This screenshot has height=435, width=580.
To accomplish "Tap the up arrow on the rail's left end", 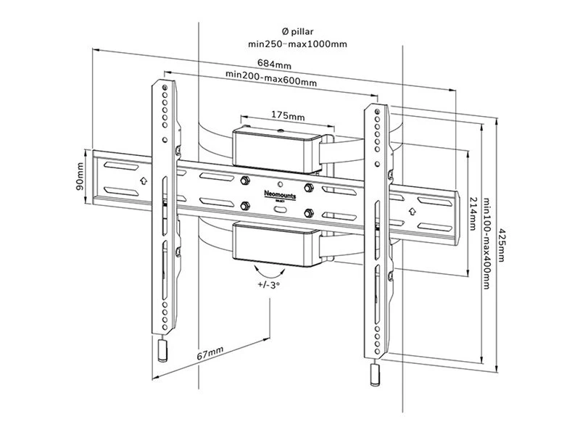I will [x=143, y=178].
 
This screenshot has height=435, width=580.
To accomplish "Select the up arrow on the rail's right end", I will [x=413, y=211].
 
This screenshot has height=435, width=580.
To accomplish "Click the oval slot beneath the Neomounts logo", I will [x=280, y=209].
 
